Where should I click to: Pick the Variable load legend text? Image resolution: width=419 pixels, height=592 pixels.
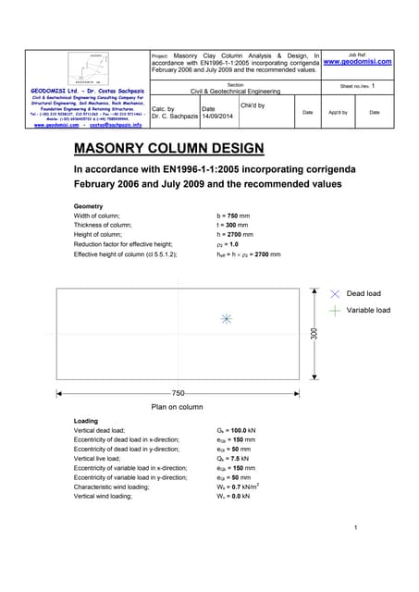(x=368, y=310)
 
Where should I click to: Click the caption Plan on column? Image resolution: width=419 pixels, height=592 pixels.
(x=177, y=406)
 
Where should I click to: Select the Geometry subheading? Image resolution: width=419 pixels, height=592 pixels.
(x=89, y=204)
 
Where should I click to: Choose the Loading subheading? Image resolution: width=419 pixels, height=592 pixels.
(x=86, y=421)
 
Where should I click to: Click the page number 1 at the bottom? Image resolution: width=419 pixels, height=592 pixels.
(x=355, y=528)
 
